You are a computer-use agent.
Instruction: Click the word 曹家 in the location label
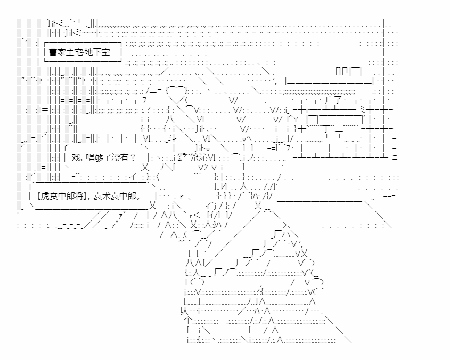click(57, 52)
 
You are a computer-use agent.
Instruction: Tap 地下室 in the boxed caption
click(98, 52)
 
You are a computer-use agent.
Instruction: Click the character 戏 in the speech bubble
click(76, 158)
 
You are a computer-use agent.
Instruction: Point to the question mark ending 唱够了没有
click(132, 158)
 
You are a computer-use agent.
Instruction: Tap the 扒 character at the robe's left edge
click(184, 311)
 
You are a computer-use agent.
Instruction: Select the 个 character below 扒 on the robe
click(189, 320)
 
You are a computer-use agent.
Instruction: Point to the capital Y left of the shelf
click(296, 119)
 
